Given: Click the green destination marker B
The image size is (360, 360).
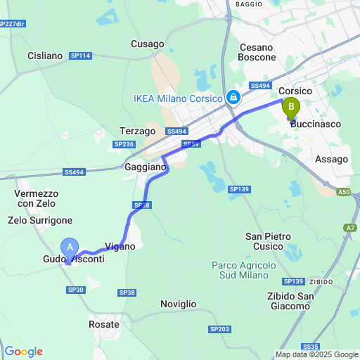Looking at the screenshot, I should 290,109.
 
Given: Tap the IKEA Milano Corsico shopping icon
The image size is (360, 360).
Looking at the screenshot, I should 232,97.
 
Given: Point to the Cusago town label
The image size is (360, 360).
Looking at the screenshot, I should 148,44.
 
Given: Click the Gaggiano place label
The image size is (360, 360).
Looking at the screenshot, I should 146,168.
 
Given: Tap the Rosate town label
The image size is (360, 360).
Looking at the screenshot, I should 104,324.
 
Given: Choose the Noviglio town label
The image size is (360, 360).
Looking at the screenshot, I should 179,304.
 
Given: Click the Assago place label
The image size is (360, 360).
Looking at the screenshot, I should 332,159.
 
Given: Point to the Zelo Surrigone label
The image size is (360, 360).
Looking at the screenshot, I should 40,220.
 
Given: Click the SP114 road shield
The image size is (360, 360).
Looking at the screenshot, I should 81,56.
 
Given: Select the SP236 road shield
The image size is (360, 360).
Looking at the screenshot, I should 124,144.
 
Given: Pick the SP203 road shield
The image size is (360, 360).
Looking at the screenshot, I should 219,329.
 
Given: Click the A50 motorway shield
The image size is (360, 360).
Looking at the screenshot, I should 342,192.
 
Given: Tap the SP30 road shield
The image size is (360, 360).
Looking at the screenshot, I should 75,290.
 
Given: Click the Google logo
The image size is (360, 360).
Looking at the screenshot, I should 23,352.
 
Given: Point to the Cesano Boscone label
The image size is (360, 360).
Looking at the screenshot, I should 260,53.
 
